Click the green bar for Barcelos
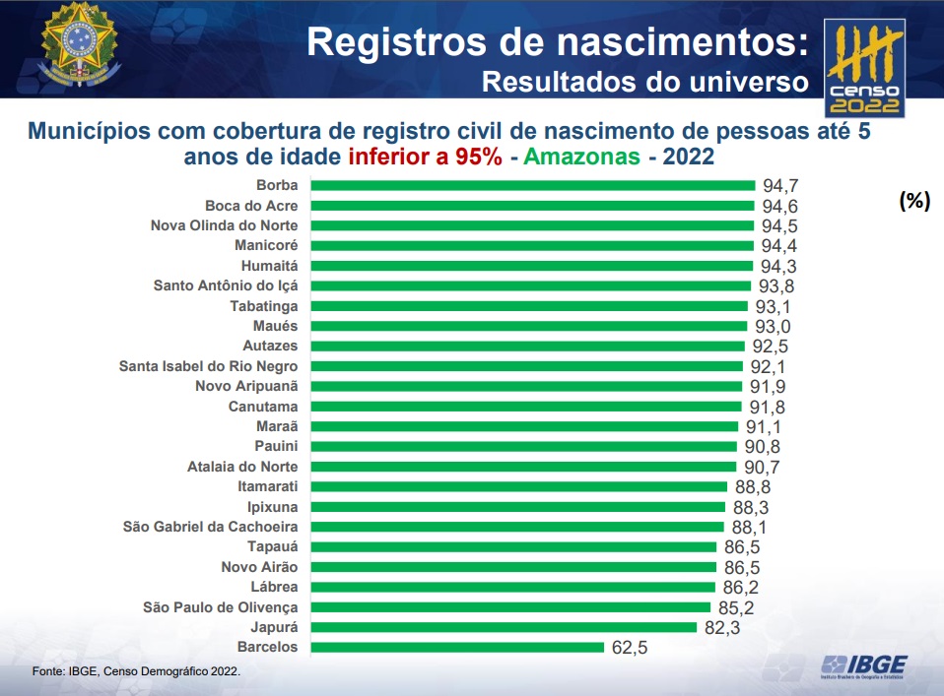tap(457, 647)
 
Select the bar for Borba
tap(532, 185)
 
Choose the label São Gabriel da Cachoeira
tap(210, 527)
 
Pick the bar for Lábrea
tap(512, 587)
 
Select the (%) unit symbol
tap(913, 200)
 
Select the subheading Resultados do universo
tap(644, 82)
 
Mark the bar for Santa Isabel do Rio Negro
tap(525, 366)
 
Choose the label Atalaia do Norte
tap(243, 467)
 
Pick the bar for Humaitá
tap(531, 266)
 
